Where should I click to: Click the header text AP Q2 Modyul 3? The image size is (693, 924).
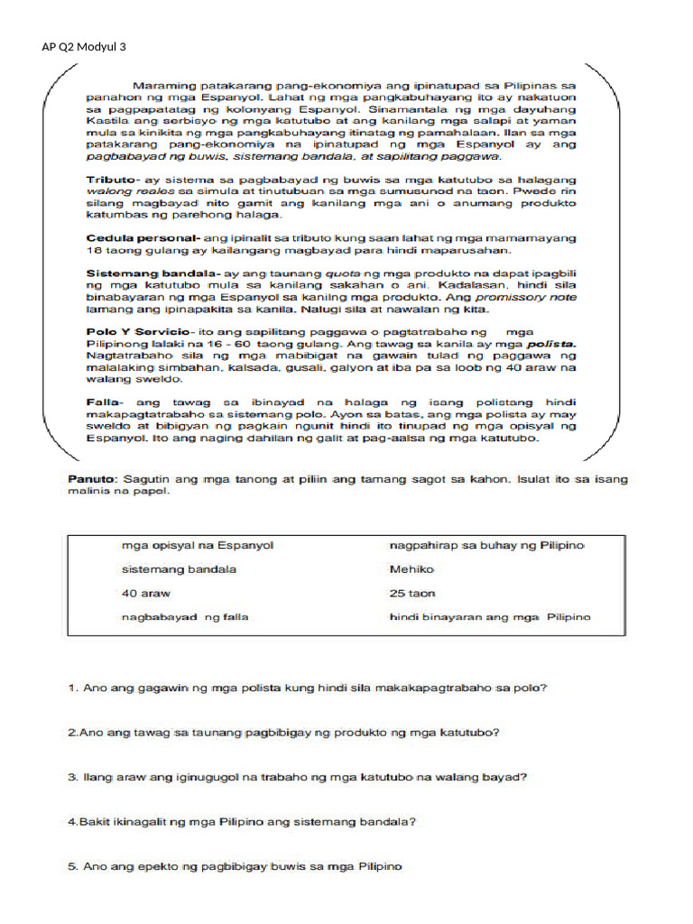84,46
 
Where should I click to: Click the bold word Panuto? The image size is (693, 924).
93,478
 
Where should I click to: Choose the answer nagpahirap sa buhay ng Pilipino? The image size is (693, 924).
486,546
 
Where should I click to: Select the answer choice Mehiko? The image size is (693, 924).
411,569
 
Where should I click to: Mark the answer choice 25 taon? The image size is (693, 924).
412,594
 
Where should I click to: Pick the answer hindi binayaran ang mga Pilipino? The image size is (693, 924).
489,617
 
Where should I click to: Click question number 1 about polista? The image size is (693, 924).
308,688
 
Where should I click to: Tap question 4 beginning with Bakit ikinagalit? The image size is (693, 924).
242,822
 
